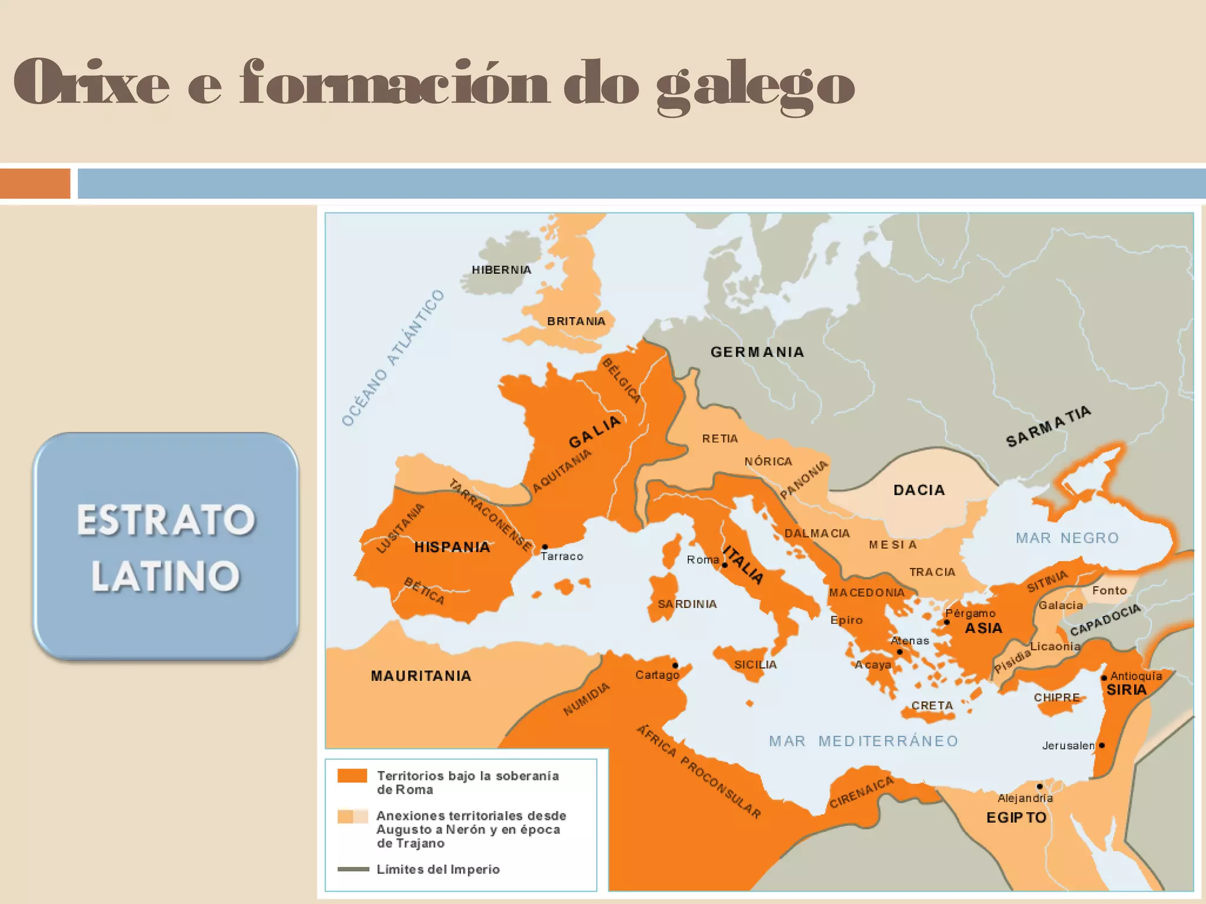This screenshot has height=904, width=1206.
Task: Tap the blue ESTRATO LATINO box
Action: pos(165,546)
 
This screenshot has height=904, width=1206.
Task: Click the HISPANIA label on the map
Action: pos(452,547)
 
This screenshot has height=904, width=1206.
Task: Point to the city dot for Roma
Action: pos(725,565)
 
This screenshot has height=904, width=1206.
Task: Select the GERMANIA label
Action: pos(757,352)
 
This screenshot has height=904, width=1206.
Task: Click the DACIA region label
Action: pos(919,490)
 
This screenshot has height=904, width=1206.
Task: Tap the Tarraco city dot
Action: pos(545,547)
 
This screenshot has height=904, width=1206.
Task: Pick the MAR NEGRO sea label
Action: pos(1067,538)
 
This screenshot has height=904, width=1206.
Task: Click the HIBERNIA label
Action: pos(501,270)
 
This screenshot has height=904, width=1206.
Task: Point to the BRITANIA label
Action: pos(576,321)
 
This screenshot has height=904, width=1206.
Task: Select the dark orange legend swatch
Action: pos(352,776)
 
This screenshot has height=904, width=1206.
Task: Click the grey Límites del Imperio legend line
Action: pos(353,869)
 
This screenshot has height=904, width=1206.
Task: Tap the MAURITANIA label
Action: pos(421,676)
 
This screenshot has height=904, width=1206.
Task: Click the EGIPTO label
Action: pos(1016,817)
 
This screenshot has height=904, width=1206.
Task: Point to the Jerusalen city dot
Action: pos(1102,745)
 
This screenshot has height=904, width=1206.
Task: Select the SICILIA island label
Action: pos(755,665)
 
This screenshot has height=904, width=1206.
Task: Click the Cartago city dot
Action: pos(675,666)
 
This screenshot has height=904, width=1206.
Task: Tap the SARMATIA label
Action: pos(1048,427)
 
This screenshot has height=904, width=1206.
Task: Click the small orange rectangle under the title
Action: pos(35,184)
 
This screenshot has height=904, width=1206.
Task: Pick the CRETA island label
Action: pos(932,706)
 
